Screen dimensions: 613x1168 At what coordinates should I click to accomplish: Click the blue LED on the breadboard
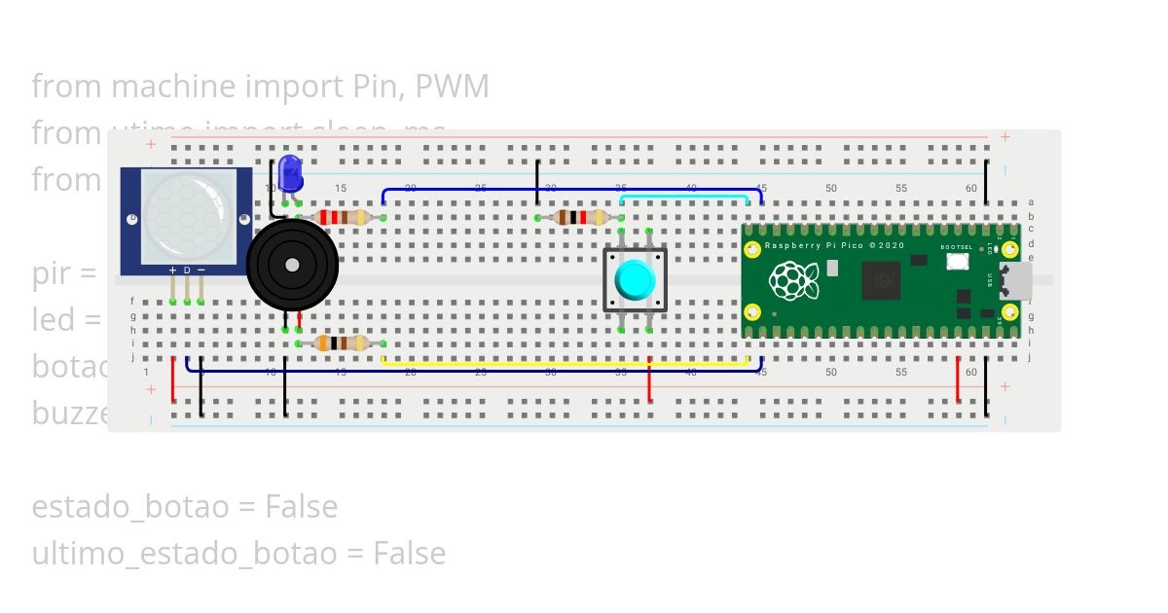pos(290,173)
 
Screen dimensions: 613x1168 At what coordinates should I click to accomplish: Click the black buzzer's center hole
pos(291,265)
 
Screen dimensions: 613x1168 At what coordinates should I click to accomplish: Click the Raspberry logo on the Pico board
pos(794,281)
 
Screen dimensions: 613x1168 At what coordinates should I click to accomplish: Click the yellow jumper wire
pos(565,364)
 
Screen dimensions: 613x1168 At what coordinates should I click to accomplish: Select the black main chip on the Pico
pos(883,281)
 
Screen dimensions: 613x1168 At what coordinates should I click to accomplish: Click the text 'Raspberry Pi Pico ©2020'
pos(833,246)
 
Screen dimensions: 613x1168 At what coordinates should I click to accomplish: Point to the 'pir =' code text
pos(63,273)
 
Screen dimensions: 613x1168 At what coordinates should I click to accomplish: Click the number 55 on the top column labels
pos(901,188)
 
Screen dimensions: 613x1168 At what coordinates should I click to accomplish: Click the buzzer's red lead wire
pos(299,318)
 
